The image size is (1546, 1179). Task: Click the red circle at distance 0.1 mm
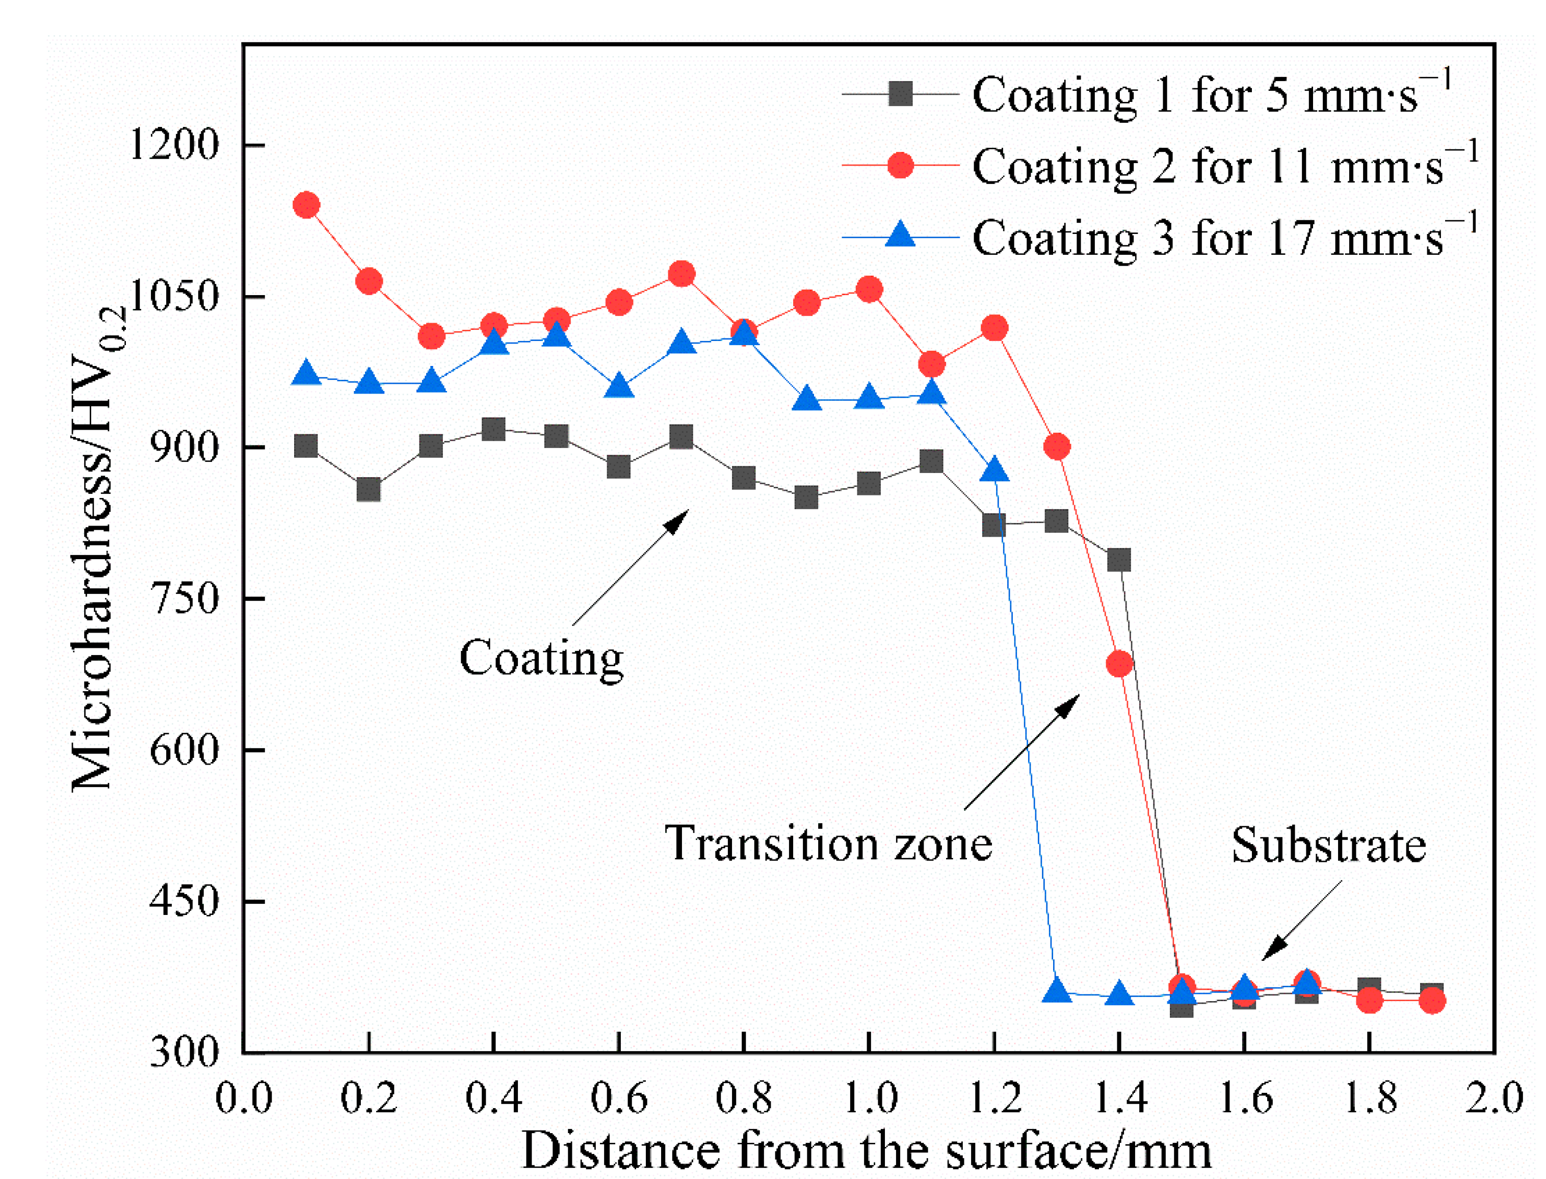pyautogui.click(x=306, y=205)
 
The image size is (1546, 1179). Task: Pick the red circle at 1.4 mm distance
pyautogui.click(x=1119, y=664)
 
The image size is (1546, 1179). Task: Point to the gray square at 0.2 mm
pyautogui.click(x=369, y=489)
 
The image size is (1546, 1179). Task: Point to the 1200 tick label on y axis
pyautogui.click(x=174, y=145)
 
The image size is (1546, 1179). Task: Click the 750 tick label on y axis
pyautogui.click(x=184, y=598)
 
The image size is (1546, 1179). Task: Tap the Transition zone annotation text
pyautogui.click(x=828, y=843)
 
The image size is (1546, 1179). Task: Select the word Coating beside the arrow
pyautogui.click(x=541, y=658)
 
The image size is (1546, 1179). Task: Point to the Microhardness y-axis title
pyautogui.click(x=98, y=547)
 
